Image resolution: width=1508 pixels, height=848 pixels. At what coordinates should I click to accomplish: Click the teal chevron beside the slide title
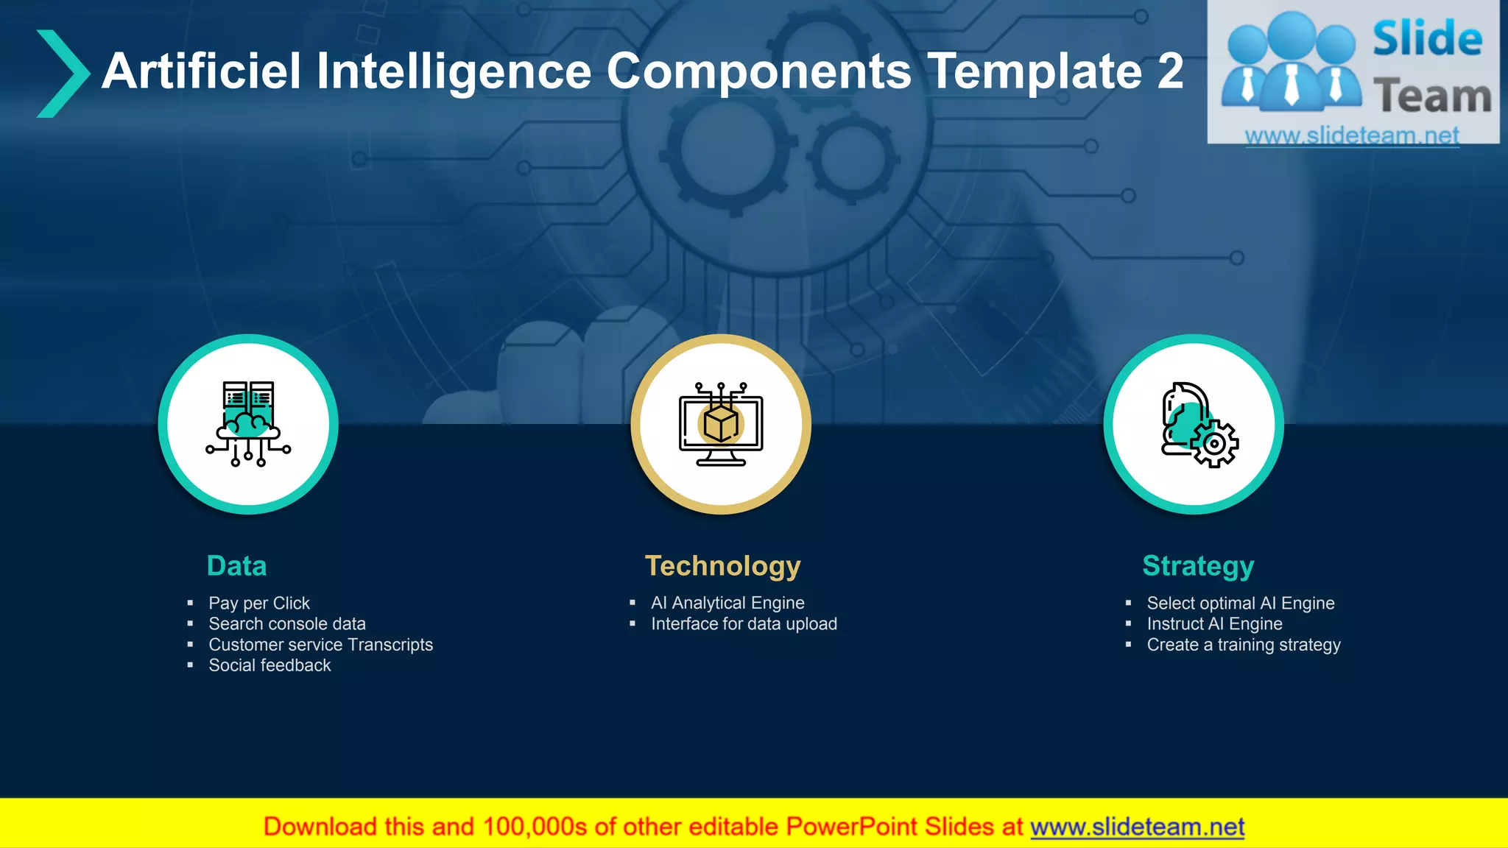click(63, 74)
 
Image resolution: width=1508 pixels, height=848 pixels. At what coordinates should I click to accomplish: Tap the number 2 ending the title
click(1169, 71)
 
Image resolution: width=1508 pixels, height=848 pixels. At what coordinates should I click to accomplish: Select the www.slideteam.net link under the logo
click(1352, 135)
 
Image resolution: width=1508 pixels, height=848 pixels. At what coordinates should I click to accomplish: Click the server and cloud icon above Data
click(248, 424)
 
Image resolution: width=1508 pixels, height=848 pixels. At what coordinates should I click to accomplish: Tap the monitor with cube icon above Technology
click(721, 424)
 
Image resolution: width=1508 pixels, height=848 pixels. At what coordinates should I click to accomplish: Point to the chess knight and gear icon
click(1198, 425)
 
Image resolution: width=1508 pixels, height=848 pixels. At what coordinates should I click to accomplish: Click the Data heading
click(236, 566)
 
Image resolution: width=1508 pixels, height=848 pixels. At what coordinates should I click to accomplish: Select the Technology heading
click(722, 566)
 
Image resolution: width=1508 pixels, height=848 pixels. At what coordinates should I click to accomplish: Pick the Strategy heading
click(1198, 566)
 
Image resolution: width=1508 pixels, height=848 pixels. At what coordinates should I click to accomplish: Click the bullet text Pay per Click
click(259, 604)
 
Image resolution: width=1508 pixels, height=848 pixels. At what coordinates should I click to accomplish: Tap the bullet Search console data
click(287, 624)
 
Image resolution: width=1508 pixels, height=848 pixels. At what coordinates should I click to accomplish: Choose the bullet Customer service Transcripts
click(320, 645)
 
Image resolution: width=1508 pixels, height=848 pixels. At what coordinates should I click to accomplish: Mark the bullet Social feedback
click(269, 665)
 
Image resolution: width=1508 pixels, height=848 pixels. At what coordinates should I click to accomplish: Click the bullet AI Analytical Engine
click(727, 604)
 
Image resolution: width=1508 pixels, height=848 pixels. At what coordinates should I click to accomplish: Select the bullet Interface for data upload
click(744, 624)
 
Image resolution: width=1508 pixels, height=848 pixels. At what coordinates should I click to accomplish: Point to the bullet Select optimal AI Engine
click(1241, 604)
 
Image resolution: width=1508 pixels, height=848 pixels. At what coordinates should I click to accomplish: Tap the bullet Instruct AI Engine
click(1214, 624)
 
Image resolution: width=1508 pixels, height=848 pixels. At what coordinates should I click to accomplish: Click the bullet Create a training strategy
click(1244, 645)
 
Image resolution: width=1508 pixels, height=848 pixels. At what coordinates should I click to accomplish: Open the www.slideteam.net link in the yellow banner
click(1137, 827)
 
